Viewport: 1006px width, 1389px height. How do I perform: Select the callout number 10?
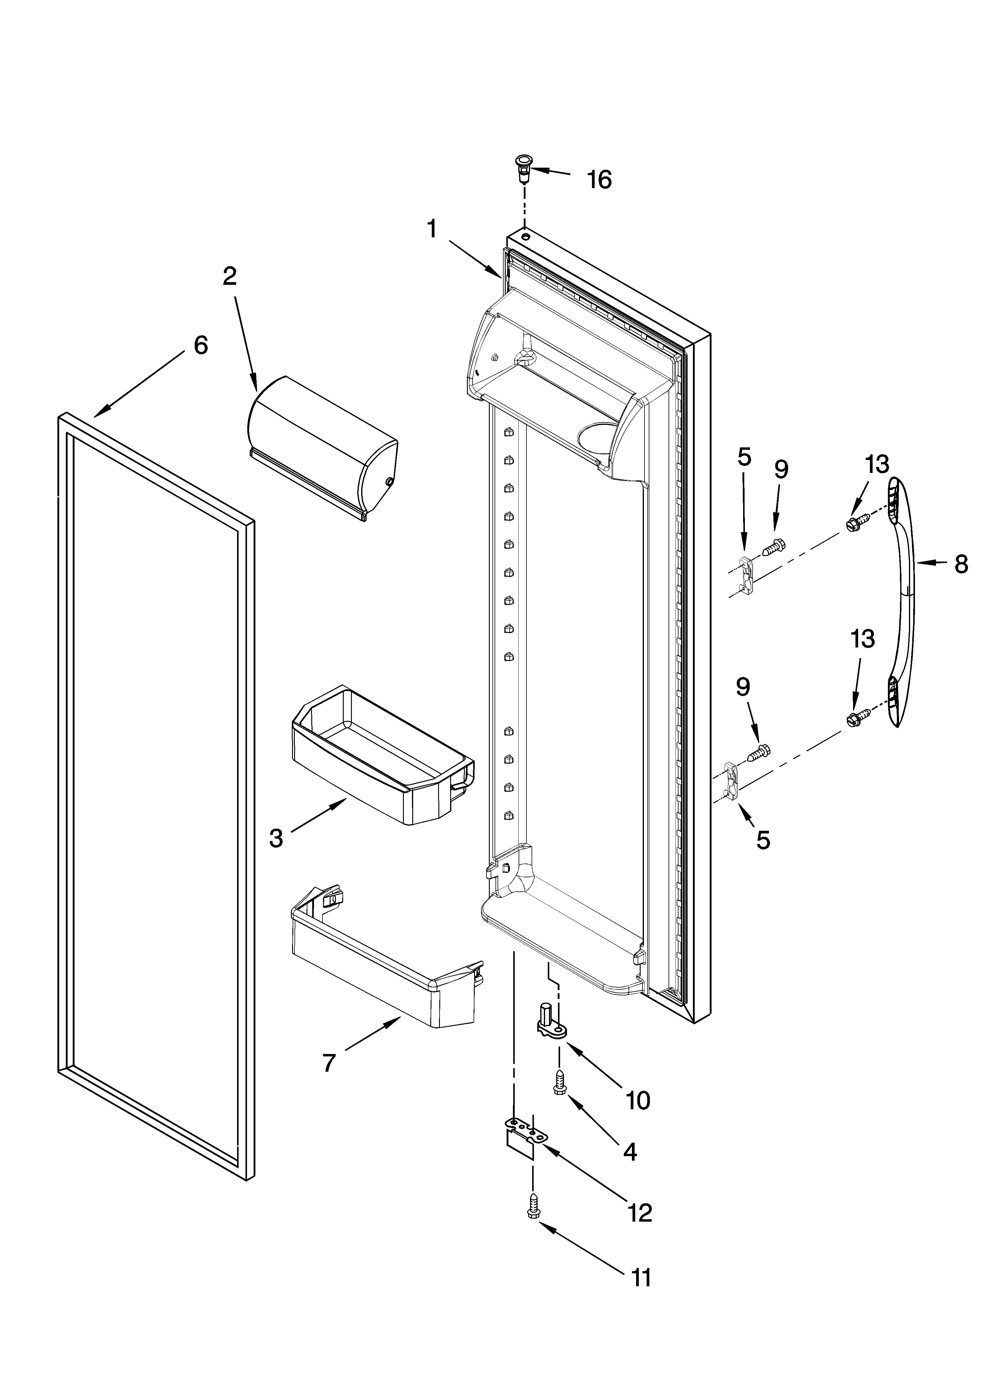(638, 1101)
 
